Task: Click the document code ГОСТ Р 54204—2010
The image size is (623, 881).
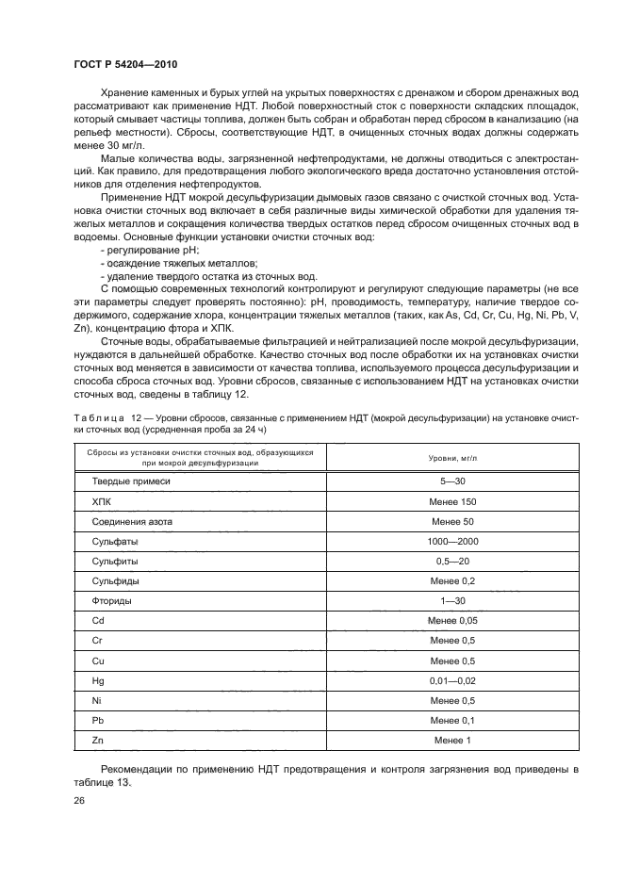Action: point(125,63)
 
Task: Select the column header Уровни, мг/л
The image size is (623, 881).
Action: point(453,457)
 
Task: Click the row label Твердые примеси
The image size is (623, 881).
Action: point(131,481)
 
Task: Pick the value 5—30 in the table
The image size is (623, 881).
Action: point(453,481)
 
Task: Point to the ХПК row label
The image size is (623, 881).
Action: point(102,501)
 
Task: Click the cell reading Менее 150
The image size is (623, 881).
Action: point(453,501)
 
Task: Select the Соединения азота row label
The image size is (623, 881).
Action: point(132,521)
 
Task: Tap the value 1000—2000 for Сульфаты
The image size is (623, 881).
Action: point(453,541)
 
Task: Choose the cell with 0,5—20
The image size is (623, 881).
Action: point(453,561)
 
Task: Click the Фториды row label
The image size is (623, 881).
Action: point(111,600)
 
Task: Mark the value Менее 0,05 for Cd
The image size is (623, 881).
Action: point(453,620)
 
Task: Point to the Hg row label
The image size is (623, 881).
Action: point(97,680)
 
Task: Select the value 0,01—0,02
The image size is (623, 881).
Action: point(453,680)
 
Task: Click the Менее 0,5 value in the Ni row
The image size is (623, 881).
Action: point(453,700)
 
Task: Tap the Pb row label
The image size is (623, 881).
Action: point(97,720)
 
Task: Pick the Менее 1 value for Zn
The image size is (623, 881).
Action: point(453,740)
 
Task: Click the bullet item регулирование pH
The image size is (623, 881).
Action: point(144,252)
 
